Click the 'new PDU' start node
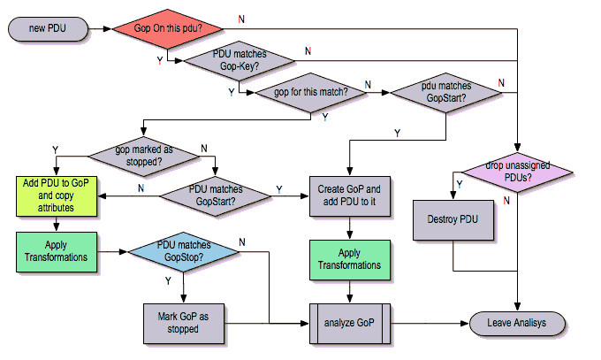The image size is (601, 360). tap(49, 29)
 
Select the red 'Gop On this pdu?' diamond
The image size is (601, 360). tap(168, 29)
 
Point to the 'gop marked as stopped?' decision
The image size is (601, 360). tap(143, 155)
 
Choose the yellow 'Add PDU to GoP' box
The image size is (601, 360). tap(56, 195)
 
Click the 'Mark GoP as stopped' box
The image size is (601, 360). tap(181, 323)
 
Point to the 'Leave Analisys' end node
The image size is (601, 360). tap(516, 323)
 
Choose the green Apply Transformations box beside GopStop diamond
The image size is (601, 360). tap(56, 251)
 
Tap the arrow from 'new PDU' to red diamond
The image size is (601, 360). tap(100, 29)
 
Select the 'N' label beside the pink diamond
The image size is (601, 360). tap(506, 200)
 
